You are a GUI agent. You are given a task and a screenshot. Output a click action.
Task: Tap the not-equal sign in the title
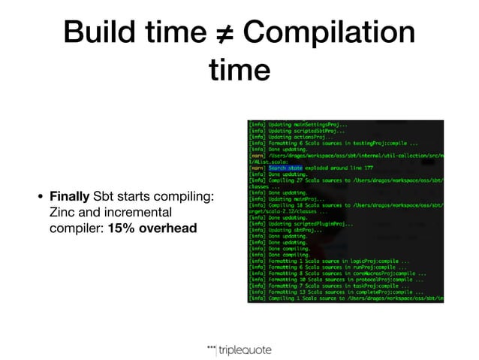227,35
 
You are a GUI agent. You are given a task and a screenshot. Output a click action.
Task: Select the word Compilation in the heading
330,35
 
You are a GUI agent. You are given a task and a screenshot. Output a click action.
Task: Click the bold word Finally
70,197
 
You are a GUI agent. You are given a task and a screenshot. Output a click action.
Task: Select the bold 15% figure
122,226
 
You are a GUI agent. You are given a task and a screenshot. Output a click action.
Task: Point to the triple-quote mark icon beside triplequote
211,346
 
